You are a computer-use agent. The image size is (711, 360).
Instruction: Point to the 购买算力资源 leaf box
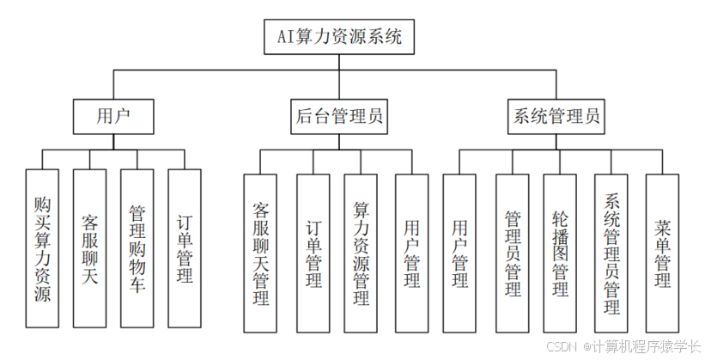41,249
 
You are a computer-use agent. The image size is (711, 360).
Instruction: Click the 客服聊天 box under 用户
89,249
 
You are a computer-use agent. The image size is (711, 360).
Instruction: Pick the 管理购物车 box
137,249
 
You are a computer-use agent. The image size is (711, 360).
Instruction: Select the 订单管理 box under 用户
184,249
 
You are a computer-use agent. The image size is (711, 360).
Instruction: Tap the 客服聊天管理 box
261,253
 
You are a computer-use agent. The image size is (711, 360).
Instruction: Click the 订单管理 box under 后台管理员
313,253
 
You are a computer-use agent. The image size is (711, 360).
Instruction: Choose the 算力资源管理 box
361,253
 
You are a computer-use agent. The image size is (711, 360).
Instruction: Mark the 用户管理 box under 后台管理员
411,253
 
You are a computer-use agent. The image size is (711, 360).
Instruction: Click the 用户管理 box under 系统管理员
459,253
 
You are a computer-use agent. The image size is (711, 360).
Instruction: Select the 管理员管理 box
513,253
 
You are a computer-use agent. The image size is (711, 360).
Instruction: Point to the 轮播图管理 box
560,253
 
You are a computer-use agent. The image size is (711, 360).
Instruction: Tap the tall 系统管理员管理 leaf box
611,253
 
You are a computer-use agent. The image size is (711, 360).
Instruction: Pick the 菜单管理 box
662,253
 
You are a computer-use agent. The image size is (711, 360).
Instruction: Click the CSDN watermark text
561,346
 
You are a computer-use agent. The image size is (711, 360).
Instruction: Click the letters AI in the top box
286,38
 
